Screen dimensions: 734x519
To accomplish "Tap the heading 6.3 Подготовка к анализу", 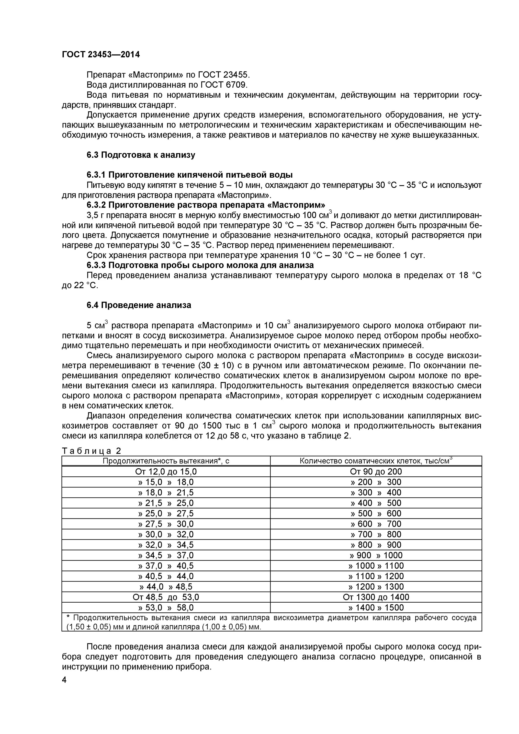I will click(141, 155).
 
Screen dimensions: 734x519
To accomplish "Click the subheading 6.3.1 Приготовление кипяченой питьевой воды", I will click(190, 175).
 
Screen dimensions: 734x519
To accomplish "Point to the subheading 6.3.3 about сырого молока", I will click(200, 265).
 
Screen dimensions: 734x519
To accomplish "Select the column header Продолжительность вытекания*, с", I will click(166, 461).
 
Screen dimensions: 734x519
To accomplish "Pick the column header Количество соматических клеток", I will click(376, 461).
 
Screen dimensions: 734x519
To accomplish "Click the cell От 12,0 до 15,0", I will click(166, 472).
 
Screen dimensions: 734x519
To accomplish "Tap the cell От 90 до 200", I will click(376, 472).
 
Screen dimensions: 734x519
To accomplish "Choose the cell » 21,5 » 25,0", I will click(166, 503).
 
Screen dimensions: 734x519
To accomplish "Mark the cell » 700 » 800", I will click(376, 535).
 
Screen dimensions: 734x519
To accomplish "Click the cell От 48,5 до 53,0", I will click(166, 597).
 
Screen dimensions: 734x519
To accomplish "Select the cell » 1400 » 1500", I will click(376, 608).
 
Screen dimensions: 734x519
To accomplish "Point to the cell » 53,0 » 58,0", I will click(166, 608).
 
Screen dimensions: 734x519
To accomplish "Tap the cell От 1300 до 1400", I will click(376, 597).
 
